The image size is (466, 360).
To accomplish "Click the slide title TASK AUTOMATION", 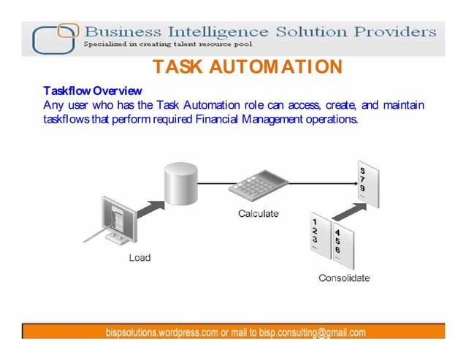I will click(x=247, y=68).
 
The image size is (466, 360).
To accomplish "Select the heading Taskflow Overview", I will click(x=93, y=91).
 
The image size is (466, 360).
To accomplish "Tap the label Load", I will click(x=140, y=258).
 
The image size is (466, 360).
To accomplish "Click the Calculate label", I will click(x=258, y=213).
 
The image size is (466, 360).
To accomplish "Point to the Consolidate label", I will click(x=344, y=277).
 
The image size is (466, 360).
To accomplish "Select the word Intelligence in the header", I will click(x=223, y=32).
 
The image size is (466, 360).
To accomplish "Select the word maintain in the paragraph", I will click(x=401, y=105).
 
